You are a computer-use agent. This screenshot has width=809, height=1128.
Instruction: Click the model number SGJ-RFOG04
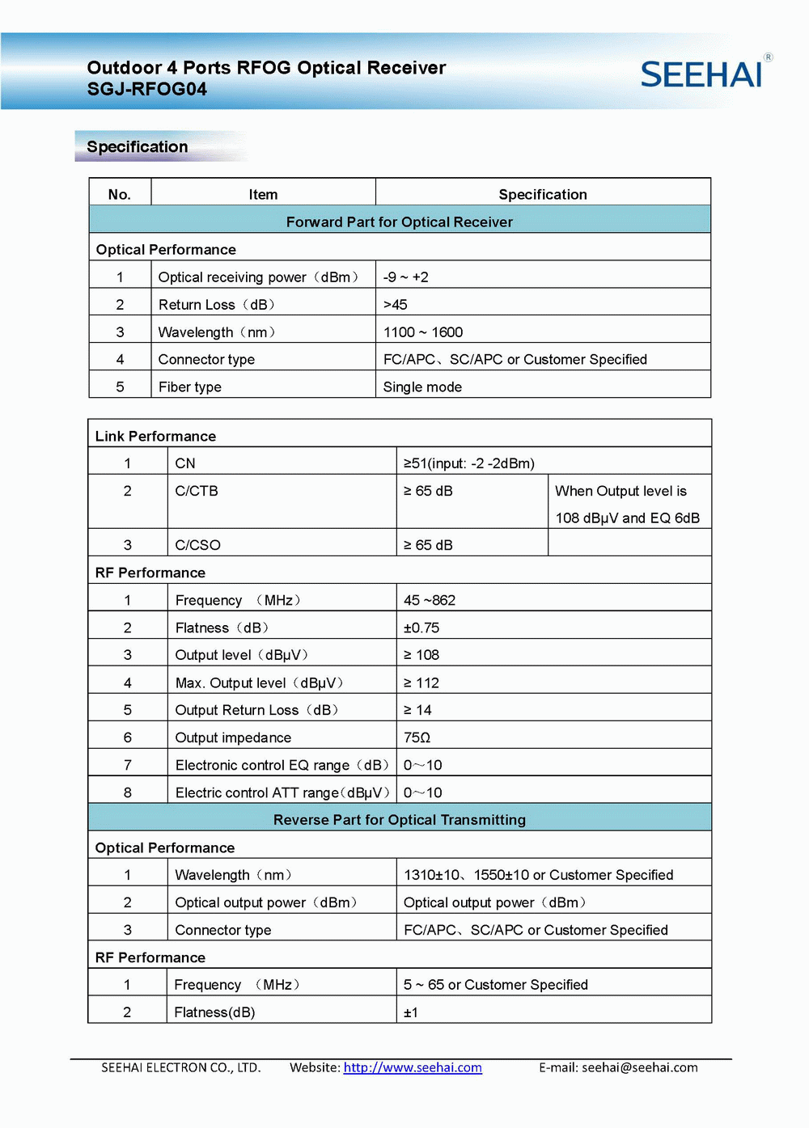point(147,89)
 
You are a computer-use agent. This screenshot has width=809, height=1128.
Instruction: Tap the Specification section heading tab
point(138,146)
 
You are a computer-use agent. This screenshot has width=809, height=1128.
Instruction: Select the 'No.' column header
point(120,194)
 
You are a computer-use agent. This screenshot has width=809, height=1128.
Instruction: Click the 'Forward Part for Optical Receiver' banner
point(400,222)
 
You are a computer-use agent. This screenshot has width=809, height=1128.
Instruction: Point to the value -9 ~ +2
point(406,277)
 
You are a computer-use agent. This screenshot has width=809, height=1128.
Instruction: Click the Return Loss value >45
point(396,304)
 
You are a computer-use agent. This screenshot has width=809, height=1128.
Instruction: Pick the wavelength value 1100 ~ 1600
point(423,332)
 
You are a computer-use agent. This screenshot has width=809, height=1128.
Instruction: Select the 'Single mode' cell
point(422,387)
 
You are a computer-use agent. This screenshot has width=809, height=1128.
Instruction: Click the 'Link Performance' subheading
point(155,436)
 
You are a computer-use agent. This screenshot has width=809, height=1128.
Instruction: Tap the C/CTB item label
point(197,491)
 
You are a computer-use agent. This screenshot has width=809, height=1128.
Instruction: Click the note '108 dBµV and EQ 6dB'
point(627,518)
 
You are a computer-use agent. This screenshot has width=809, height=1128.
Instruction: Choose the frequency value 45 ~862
point(430,600)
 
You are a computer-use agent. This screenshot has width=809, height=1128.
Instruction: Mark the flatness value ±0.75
point(421,627)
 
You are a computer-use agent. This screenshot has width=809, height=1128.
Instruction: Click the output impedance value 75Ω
point(417,737)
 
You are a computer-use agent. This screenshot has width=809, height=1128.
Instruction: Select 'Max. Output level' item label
point(259,682)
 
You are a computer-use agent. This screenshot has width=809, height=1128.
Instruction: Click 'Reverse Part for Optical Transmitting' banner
point(400,819)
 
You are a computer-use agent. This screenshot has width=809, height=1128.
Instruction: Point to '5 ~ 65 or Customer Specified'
point(496,984)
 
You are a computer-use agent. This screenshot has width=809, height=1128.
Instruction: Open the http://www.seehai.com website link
point(413,1067)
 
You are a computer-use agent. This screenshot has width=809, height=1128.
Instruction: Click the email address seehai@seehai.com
point(639,1067)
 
